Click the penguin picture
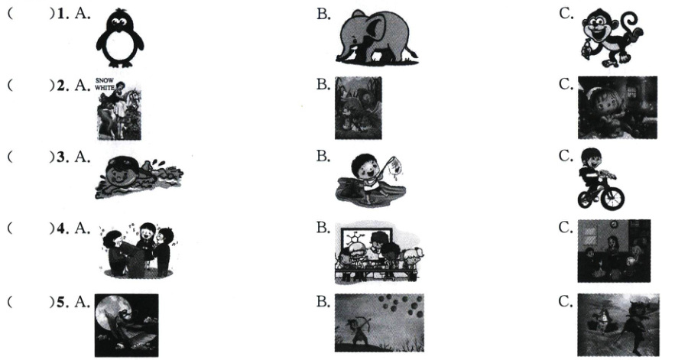(120, 38)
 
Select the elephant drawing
(376, 38)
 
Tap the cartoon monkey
(612, 38)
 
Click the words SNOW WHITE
(105, 84)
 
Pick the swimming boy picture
(138, 177)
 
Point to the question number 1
(60, 14)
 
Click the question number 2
(61, 86)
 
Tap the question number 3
(61, 157)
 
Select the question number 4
(61, 228)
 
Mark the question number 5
(61, 302)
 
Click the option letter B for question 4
(323, 228)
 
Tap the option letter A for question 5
(81, 302)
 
